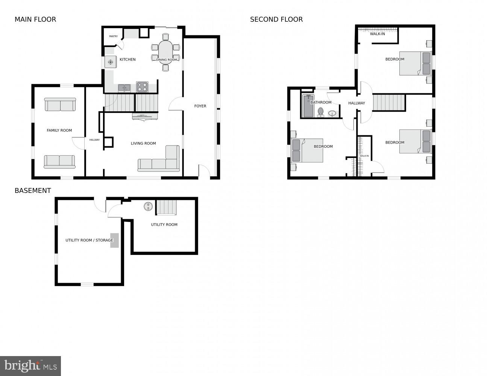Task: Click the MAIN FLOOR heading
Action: [35, 20]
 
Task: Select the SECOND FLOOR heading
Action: [276, 20]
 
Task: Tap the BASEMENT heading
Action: [33, 191]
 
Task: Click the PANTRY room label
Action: [113, 36]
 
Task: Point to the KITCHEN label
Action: [127, 59]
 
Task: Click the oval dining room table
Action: [165, 52]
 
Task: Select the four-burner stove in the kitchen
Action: [142, 87]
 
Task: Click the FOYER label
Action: [200, 106]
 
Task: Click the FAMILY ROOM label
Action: [59, 130]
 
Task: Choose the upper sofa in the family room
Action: [60, 105]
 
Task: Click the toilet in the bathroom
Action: [320, 112]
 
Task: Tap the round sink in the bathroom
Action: [332, 113]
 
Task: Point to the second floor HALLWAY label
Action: [357, 103]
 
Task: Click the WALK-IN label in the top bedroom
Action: [377, 34]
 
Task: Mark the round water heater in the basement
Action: [148, 206]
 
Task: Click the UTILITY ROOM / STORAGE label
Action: [89, 240]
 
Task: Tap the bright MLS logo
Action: [30, 365]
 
